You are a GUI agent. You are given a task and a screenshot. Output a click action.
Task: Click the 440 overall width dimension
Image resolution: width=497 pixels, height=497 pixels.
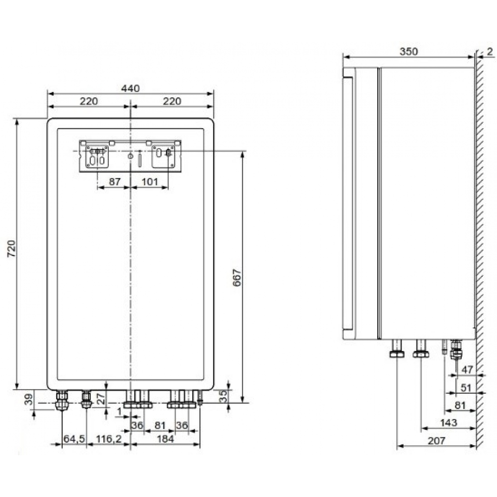pyautogui.click(x=130, y=88)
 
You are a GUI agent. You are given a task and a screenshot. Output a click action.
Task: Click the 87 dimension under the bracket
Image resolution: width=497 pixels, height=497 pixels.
pyautogui.click(x=114, y=182)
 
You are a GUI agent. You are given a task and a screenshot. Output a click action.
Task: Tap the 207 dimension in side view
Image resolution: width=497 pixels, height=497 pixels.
pyautogui.click(x=435, y=440)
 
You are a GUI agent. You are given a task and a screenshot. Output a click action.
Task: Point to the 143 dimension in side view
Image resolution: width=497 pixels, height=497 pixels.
pyautogui.click(x=448, y=422)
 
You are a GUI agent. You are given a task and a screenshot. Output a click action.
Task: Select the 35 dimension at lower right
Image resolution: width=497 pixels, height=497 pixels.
pyautogui.click(x=223, y=396)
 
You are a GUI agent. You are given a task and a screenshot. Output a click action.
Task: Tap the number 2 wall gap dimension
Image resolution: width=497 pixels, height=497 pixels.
pyautogui.click(x=490, y=51)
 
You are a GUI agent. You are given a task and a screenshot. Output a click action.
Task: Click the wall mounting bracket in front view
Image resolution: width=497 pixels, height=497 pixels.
pyautogui.click(x=130, y=156)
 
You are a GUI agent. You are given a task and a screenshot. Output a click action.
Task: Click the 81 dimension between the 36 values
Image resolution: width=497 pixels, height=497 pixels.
pyautogui.click(x=160, y=425)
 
